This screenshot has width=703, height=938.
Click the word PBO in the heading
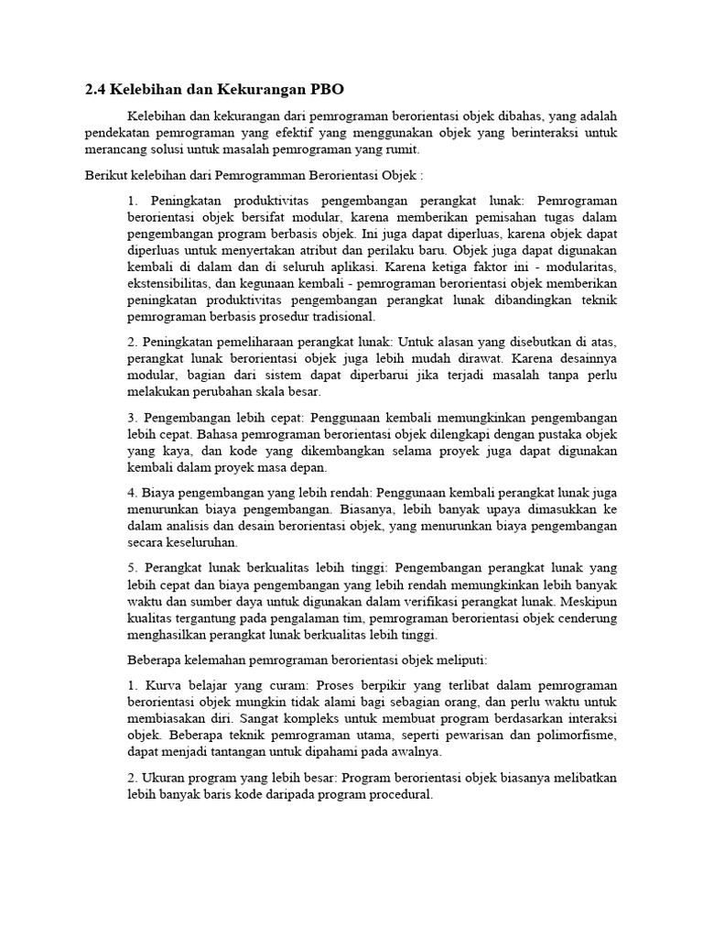[325, 89]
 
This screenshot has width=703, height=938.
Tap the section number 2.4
[95, 89]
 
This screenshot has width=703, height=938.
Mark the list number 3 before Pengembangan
[133, 418]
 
